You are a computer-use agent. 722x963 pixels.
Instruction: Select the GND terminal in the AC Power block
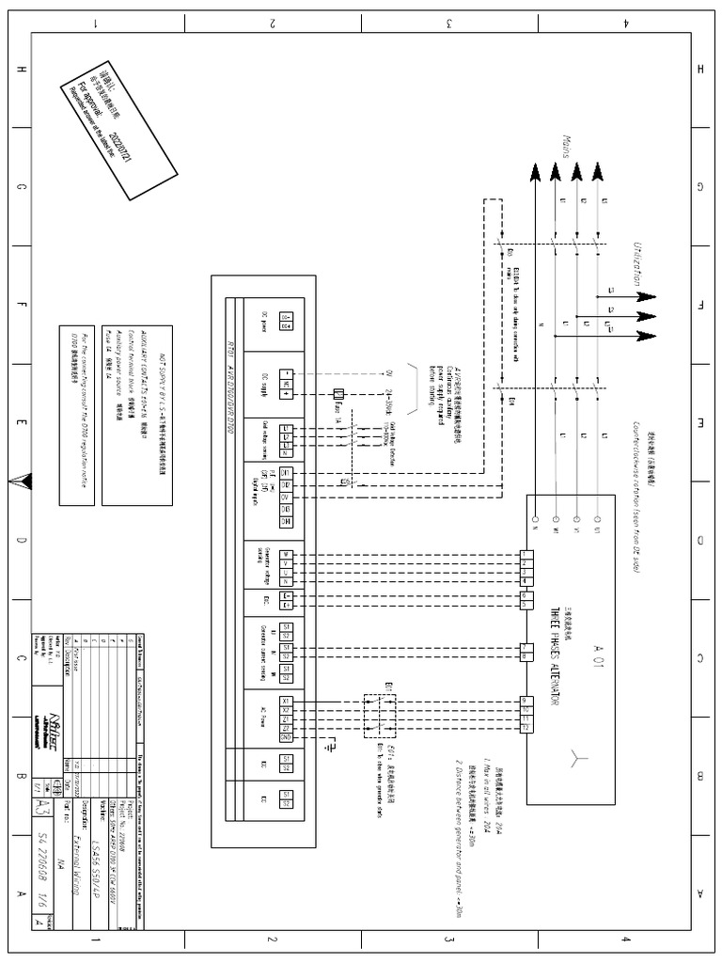click(286, 737)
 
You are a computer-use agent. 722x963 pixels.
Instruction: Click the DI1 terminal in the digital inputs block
click(286, 472)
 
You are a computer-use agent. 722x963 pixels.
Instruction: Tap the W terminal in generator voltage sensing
click(286, 554)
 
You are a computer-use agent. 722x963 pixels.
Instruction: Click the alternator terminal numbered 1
click(526, 554)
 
